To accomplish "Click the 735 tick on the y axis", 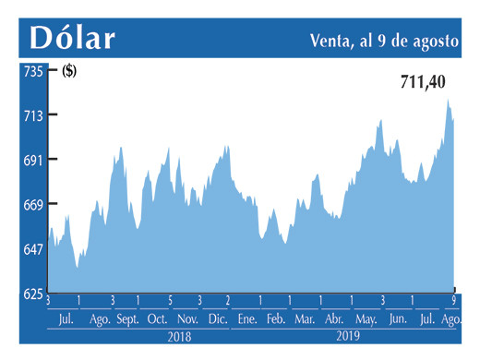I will [33, 70].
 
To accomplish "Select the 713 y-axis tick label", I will [33, 115].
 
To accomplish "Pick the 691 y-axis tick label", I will [33, 160].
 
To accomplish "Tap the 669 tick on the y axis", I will [33, 204].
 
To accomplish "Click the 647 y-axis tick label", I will [33, 249].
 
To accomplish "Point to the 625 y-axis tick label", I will [33, 294].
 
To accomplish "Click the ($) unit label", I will [69, 70].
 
